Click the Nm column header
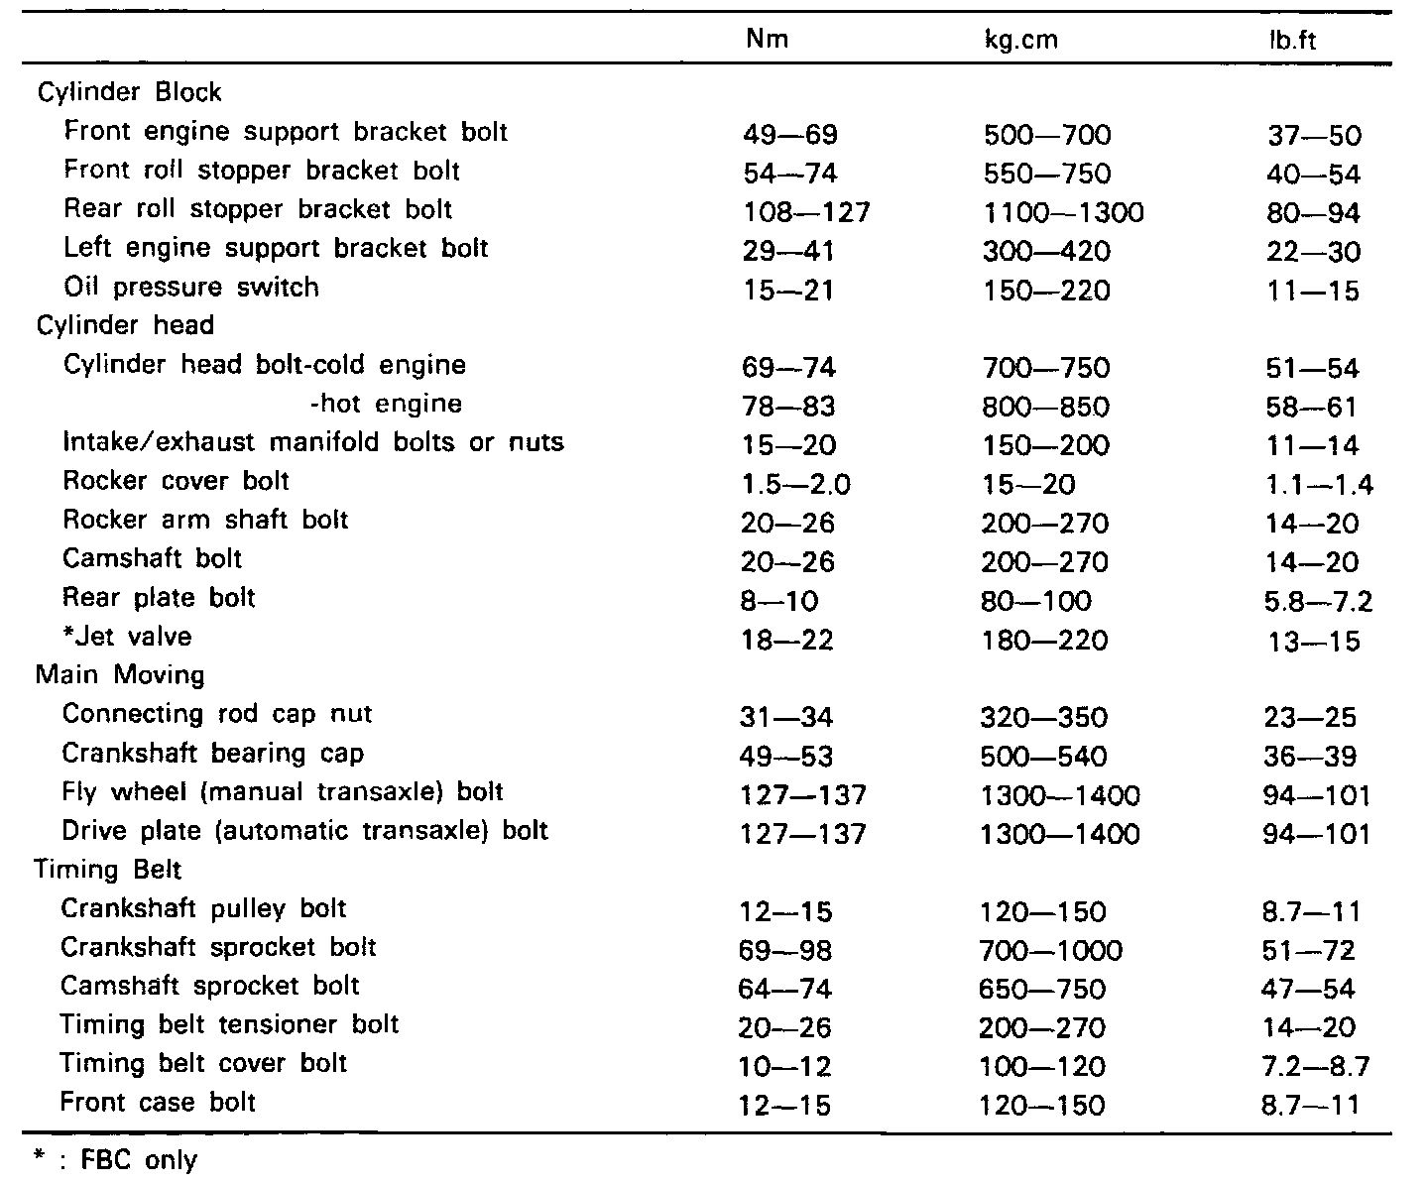pyautogui.click(x=767, y=39)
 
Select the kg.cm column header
pyautogui.click(x=1021, y=41)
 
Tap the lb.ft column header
pyautogui.click(x=1292, y=41)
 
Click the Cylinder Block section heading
pyautogui.click(x=129, y=91)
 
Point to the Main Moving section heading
pyautogui.click(x=120, y=674)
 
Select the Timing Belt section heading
pyautogui.click(x=107, y=870)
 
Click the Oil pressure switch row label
pyautogui.click(x=190, y=287)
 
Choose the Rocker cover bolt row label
pyautogui.click(x=176, y=481)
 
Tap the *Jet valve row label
pyautogui.click(x=127, y=636)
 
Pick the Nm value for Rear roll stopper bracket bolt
pyautogui.click(x=806, y=212)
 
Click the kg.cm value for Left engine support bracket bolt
pyautogui.click(x=1046, y=251)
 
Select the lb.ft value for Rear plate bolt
pyautogui.click(x=1318, y=601)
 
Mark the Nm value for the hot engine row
pyautogui.click(x=788, y=407)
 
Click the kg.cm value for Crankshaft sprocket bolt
pyautogui.click(x=1050, y=951)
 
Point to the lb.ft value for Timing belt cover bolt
pyautogui.click(x=1316, y=1066)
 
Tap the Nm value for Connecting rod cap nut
pyautogui.click(x=786, y=718)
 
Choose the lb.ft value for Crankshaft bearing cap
pyautogui.click(x=1310, y=757)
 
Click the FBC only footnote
pyautogui.click(x=116, y=1160)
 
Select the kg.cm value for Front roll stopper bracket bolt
pyautogui.click(x=1047, y=174)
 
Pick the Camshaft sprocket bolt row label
pyautogui.click(x=209, y=986)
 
